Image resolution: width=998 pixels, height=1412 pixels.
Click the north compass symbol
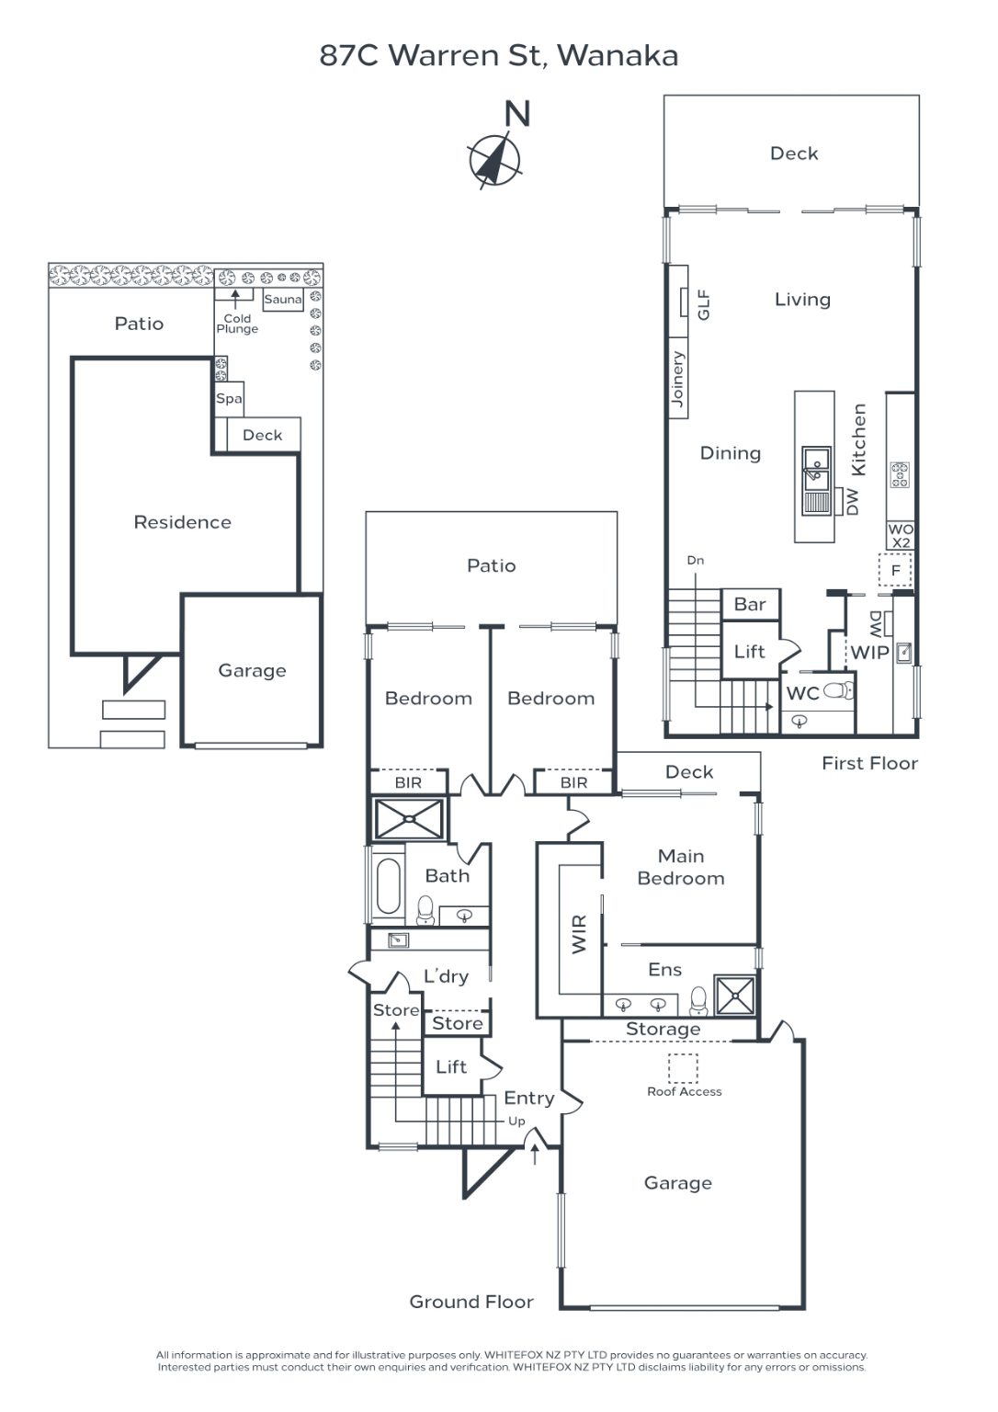[494, 159]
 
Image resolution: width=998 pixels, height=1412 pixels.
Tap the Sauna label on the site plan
[283, 300]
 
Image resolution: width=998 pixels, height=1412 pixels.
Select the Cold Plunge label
[237, 324]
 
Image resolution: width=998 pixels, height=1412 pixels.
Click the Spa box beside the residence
[229, 399]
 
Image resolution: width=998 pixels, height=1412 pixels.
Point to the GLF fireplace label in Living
[703, 305]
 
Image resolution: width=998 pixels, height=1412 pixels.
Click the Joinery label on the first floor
[677, 379]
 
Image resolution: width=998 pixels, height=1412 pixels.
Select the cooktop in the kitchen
[899, 475]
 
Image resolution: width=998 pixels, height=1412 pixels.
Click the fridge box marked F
[895, 571]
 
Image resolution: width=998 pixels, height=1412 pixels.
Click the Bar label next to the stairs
[750, 605]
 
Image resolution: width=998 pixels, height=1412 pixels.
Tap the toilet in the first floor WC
[839, 691]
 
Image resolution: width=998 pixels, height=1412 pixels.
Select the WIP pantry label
[869, 653]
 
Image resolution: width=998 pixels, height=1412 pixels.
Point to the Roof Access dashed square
[683, 1068]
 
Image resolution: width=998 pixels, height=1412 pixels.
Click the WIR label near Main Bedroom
[578, 934]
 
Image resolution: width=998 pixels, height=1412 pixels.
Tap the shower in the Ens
[734, 996]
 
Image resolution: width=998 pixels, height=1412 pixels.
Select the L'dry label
[446, 976]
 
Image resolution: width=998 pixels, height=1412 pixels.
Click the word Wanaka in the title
[618, 56]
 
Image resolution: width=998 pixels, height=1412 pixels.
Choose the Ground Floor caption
[471, 1302]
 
